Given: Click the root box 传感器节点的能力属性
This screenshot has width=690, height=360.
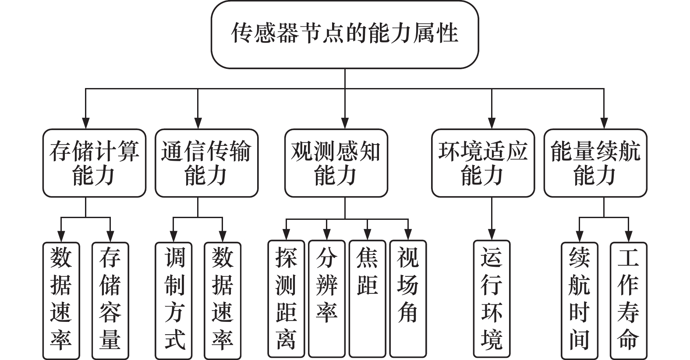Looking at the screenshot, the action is [345, 34].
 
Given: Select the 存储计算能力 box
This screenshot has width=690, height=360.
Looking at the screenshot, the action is [94, 163].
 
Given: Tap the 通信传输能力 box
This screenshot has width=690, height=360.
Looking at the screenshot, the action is [206, 163].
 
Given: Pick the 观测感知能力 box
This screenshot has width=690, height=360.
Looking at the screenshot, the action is [336, 163].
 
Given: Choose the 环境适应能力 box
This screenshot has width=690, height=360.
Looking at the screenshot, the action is [483, 163].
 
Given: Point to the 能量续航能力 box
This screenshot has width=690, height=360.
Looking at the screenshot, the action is [595, 163].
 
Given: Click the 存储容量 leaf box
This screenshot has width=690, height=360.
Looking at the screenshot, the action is [110, 301].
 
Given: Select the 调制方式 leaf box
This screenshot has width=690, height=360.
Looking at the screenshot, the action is [173, 301].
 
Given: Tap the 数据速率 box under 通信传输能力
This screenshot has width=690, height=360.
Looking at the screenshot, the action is [223, 301].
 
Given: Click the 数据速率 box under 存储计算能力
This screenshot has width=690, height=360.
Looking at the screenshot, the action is [61, 301].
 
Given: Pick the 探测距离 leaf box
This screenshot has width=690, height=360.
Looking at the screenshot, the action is [286, 299].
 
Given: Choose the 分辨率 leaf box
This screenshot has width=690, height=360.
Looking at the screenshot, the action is [327, 299].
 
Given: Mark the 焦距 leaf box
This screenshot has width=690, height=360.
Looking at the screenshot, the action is [367, 299].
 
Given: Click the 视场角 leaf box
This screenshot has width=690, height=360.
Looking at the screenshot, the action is [408, 299].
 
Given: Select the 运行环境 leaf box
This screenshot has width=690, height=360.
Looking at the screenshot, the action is [492, 299].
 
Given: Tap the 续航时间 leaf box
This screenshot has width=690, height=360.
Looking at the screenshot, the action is [580, 301].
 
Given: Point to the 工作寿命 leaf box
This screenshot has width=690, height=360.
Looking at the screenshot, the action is [628, 301].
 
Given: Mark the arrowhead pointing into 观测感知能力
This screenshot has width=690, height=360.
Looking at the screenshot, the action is [345, 123].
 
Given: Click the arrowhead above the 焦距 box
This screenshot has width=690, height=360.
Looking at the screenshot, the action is [367, 235].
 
